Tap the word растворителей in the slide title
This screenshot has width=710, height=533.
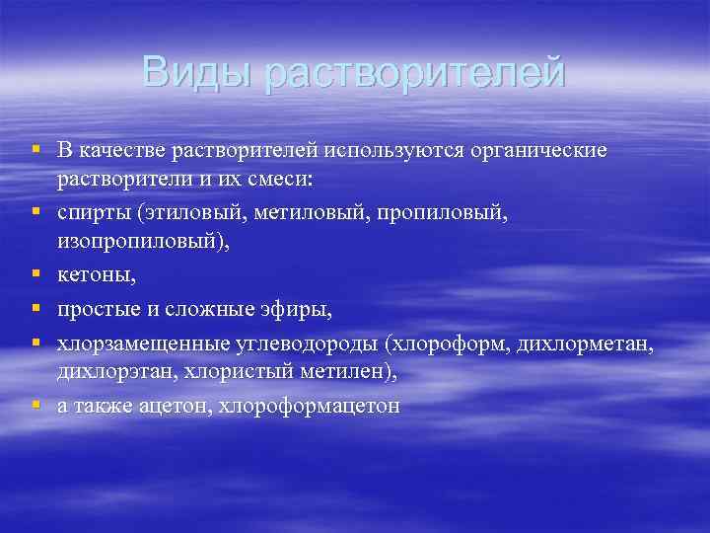(x=415, y=73)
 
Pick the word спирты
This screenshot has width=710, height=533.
(x=94, y=212)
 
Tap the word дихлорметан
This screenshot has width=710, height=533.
(x=593, y=343)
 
